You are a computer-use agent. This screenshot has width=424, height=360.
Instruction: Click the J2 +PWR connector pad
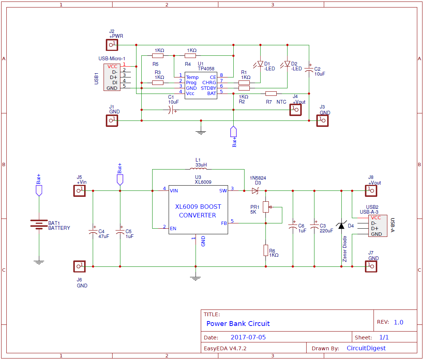[111, 45]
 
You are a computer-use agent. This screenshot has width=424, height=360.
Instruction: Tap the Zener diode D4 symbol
[341, 226]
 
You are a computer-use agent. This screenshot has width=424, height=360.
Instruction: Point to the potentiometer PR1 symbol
[266, 207]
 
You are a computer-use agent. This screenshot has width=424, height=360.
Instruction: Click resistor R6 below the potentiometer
[266, 250]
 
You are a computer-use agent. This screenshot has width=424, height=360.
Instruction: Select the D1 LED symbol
[261, 64]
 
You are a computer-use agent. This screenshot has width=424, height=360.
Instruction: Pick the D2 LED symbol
[287, 64]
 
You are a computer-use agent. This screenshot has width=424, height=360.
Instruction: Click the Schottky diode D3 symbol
[255, 191]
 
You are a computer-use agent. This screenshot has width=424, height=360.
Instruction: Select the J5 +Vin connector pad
[79, 191]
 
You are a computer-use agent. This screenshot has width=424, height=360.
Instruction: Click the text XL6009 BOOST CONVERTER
[198, 211]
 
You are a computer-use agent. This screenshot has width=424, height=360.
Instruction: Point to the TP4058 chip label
[206, 69]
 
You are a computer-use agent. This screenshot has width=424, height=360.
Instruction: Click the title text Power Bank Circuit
[238, 324]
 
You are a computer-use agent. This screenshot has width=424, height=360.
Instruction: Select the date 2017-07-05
[248, 338]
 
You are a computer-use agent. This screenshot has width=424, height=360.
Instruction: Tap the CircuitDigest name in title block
[366, 348]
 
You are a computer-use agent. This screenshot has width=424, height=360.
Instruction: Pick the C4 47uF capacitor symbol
[93, 232]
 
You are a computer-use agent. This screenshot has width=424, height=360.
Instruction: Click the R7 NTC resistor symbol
[271, 94]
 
